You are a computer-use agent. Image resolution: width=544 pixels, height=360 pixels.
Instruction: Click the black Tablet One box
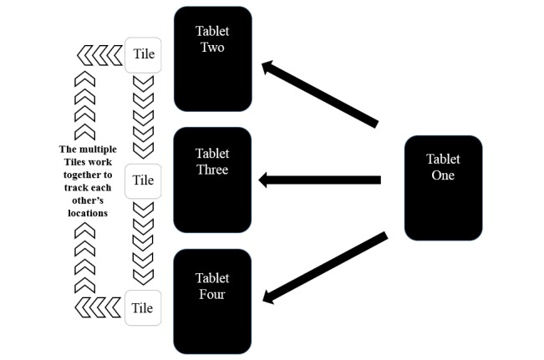point(443,188)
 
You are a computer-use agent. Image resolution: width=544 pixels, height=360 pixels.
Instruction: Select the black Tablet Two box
point(212,58)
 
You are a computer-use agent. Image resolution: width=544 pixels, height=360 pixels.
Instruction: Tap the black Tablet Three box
point(212,180)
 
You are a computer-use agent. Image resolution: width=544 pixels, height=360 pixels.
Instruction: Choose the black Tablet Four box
point(212,301)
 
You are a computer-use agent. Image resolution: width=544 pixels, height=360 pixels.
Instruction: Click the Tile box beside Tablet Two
point(143,55)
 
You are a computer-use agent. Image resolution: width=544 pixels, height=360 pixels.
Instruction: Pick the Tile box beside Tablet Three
point(143,180)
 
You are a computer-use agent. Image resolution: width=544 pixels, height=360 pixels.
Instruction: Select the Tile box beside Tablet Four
point(143,307)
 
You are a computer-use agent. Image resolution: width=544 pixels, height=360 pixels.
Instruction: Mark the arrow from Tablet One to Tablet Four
point(324,267)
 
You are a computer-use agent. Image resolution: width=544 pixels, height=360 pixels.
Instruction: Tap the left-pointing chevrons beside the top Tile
point(99,56)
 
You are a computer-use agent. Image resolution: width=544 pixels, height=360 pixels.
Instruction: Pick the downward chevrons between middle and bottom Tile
point(144,242)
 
